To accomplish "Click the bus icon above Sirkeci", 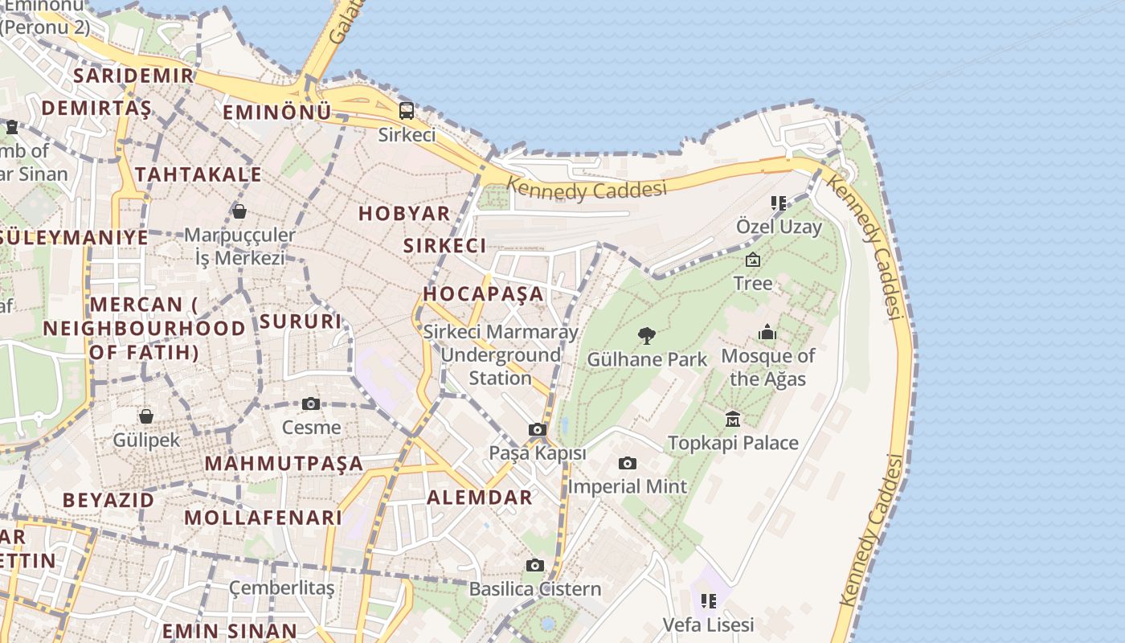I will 407,111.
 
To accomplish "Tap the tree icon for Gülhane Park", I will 647,336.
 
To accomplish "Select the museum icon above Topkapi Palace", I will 733,419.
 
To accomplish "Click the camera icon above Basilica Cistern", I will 535,565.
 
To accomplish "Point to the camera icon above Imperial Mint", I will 628,463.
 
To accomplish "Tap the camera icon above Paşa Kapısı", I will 538,430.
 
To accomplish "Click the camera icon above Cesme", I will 311,403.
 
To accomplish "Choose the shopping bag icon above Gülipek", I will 146,416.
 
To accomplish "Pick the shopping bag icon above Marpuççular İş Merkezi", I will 239,211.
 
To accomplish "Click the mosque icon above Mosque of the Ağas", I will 767,332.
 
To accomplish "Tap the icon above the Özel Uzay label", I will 778,203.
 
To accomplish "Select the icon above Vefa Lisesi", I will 708,600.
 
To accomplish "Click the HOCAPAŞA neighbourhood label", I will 484,294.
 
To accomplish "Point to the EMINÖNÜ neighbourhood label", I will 276,113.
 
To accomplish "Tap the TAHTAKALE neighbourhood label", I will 198,174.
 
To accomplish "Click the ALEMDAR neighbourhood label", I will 480,498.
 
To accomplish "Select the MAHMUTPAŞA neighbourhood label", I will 284,464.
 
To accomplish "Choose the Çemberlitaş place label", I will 282,588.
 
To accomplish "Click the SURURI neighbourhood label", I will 301,321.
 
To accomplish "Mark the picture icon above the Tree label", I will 753,260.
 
